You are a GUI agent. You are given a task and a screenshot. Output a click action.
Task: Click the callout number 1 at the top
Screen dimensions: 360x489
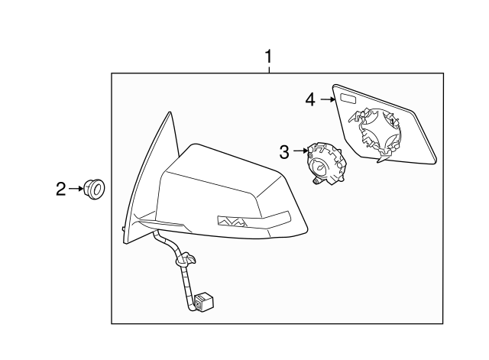pos(268,56)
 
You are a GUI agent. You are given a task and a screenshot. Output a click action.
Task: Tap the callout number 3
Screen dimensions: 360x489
pos(283,151)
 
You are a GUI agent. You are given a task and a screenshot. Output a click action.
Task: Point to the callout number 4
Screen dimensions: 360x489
pos(310,99)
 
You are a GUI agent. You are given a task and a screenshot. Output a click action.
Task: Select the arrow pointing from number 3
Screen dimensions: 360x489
pos(299,151)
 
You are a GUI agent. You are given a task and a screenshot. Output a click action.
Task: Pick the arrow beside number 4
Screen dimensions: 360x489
pos(328,99)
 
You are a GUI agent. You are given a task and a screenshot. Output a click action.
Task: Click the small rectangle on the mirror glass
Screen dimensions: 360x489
pos(349,99)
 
